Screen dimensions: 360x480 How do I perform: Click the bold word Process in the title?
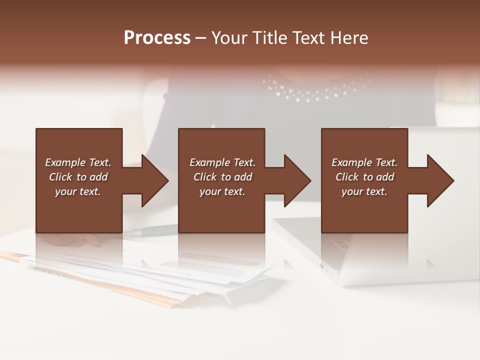point(157,37)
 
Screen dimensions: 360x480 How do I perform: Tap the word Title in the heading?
point(269,38)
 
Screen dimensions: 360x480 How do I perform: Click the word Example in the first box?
point(64,162)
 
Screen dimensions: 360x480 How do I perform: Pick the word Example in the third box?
point(351,162)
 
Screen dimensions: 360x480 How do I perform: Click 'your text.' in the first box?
point(77,191)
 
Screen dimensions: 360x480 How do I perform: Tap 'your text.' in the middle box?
point(222,191)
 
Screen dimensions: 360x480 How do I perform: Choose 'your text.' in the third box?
point(364,191)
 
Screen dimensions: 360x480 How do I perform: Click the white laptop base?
point(380,260)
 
